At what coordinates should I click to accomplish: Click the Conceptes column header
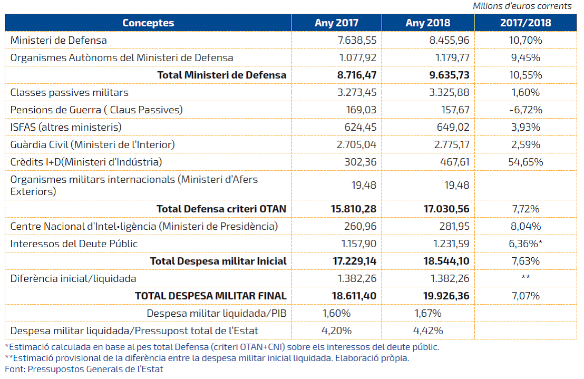pyautogui.click(x=148, y=23)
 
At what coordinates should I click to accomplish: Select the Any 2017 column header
pyautogui.click(x=336, y=23)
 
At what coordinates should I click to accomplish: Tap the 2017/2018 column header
pyautogui.click(x=525, y=23)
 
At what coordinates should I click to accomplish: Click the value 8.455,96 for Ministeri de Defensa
pyautogui.click(x=449, y=40)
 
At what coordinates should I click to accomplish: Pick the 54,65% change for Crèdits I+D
pyautogui.click(x=525, y=162)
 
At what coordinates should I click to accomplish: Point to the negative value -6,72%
pyautogui.click(x=525, y=110)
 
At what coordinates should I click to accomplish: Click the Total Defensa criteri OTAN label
pyautogui.click(x=221, y=209)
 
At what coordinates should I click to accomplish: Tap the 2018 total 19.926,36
pyautogui.click(x=446, y=296)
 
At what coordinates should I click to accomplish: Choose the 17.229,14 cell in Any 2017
pyautogui.click(x=355, y=261)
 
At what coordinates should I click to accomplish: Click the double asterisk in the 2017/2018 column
pyautogui.click(x=525, y=277)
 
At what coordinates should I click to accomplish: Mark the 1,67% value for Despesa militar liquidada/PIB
pyautogui.click(x=428, y=314)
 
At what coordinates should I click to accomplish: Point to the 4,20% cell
pyautogui.click(x=336, y=331)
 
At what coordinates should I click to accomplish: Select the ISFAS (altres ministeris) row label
pyautogui.click(x=66, y=128)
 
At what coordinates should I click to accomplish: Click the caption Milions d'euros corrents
pyautogui.click(x=522, y=6)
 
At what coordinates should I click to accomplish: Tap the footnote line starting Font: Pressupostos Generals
pyautogui.click(x=84, y=370)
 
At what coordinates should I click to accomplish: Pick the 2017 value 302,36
pyautogui.click(x=360, y=162)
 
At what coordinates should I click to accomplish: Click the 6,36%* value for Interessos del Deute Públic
pyautogui.click(x=525, y=244)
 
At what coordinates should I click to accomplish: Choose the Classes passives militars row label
pyautogui.click(x=69, y=92)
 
